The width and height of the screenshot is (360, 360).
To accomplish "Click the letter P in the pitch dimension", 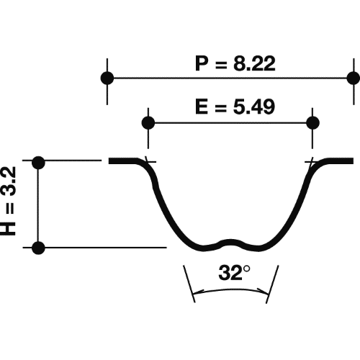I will [202, 63].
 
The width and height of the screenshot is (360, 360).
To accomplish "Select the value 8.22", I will [250, 63].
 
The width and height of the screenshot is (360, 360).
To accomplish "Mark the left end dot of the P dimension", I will [107, 77].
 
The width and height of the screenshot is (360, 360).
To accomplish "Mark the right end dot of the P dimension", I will [352, 77].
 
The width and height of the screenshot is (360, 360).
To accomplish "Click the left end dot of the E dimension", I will [148, 122].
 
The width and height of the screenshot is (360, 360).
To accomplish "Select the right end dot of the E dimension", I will [312, 122].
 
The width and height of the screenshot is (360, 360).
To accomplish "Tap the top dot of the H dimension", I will [40, 162].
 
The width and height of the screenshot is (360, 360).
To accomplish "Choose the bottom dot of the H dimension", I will [40, 248].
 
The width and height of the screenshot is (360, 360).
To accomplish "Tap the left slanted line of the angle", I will [189, 283].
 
